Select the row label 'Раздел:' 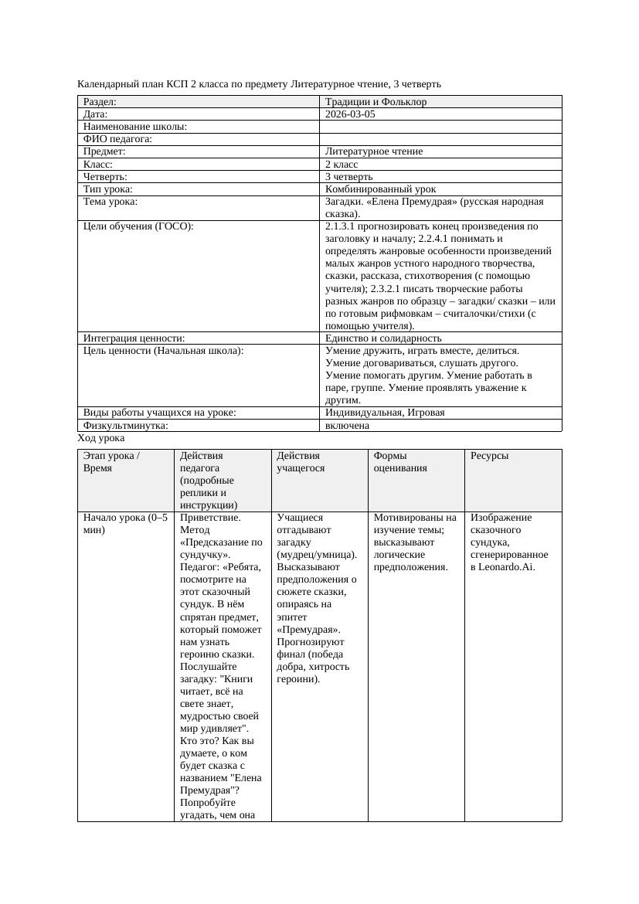[100, 102]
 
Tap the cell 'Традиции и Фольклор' [376, 102]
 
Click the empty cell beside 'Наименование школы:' [440, 127]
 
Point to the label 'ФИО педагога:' [117, 139]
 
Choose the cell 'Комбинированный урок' [380, 189]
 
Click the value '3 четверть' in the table [349, 177]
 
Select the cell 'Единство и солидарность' [383, 338]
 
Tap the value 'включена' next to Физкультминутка [347, 426]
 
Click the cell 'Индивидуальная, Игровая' [385, 413]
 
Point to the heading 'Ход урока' [101, 438]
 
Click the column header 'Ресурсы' [489, 456]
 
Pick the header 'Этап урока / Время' [111, 461]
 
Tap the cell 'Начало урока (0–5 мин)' [125, 524]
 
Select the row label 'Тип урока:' [108, 189]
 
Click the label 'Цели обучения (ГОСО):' [138, 227]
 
